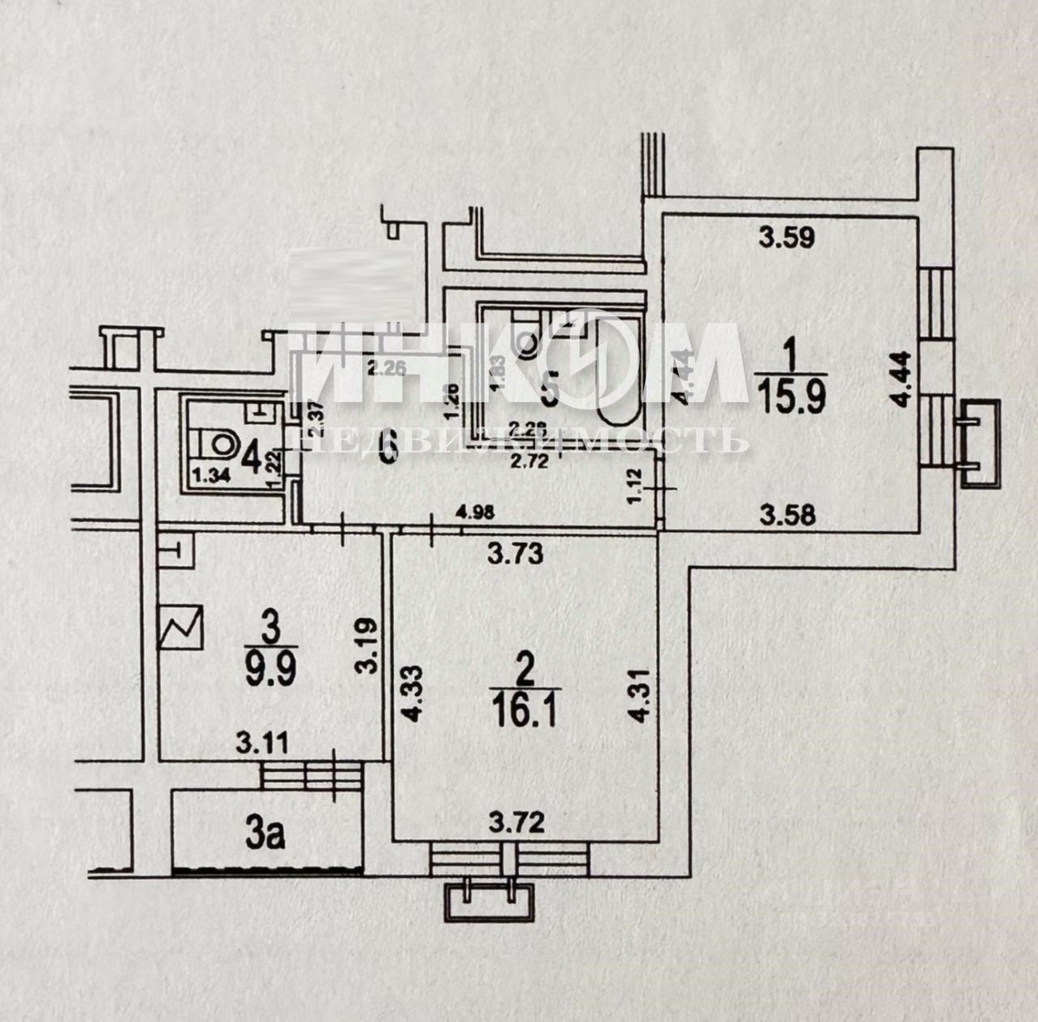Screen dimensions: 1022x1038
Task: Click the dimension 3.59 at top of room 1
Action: tap(785, 237)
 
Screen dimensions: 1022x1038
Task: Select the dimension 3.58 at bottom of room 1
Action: tap(784, 511)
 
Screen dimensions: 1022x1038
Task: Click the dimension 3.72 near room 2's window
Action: tap(517, 826)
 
